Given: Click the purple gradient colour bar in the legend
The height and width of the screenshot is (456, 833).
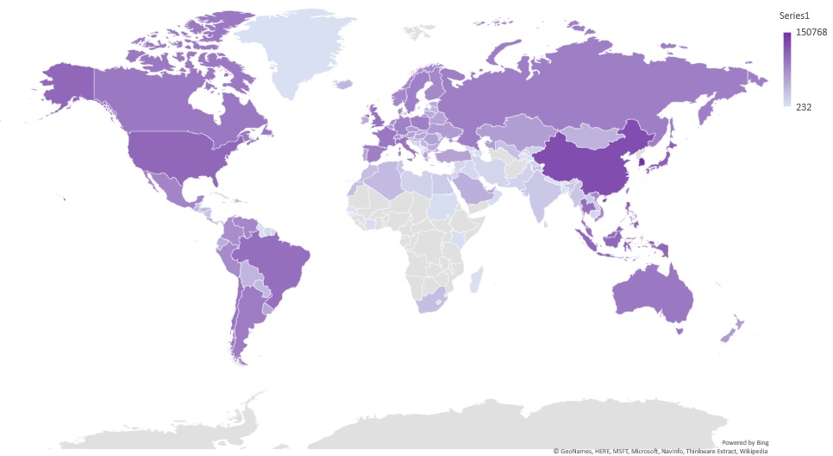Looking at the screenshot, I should (786, 69).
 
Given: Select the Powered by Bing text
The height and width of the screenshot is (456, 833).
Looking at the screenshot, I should (745, 441).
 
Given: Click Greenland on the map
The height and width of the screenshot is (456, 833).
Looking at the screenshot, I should (297, 52).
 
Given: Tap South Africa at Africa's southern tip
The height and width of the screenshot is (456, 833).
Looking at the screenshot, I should (429, 301).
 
